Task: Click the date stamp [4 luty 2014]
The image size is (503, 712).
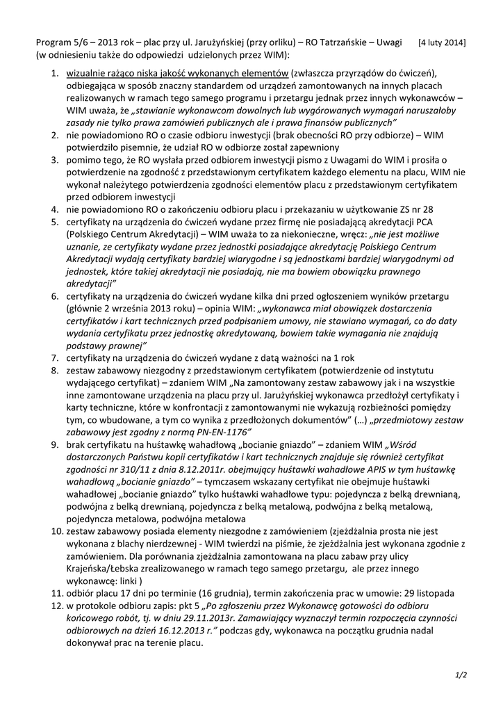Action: [442, 42]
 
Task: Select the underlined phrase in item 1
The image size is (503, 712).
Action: [178, 73]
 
